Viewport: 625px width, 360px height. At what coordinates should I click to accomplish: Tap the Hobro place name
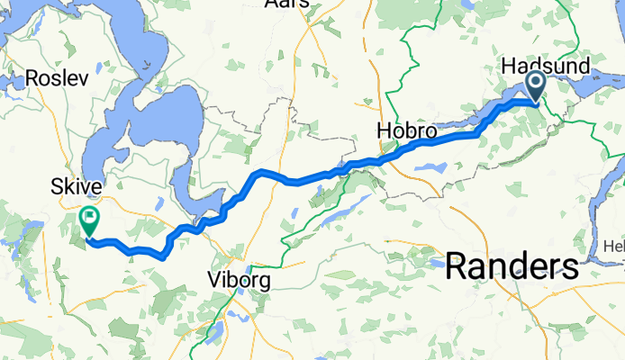(x=406, y=132)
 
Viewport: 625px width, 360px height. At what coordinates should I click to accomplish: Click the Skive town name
(x=76, y=186)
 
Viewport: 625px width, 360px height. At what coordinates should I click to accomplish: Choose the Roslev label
(x=57, y=78)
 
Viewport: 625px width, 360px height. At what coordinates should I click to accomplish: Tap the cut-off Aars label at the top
(x=287, y=4)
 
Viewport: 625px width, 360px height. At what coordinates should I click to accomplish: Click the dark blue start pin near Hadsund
(x=535, y=88)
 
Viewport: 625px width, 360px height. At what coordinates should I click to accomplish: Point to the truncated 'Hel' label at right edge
(x=614, y=247)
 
